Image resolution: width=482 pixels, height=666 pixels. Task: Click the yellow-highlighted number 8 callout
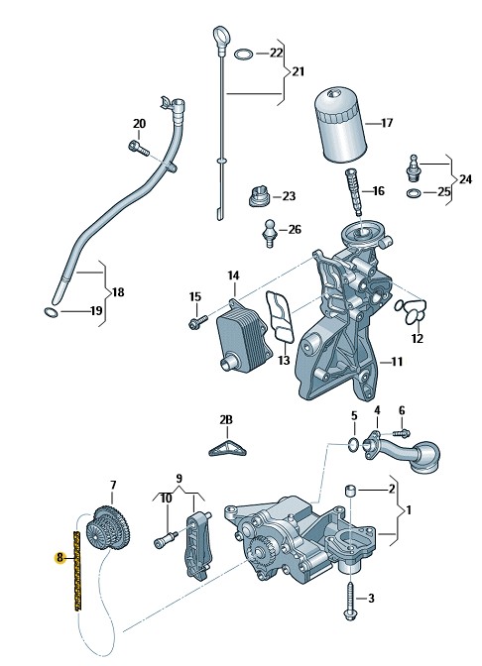pos(60,557)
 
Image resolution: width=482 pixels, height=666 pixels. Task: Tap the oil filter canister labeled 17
pos(340,126)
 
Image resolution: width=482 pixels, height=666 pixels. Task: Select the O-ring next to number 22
pos(244,54)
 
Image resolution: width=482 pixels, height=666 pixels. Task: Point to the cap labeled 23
pos(259,196)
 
